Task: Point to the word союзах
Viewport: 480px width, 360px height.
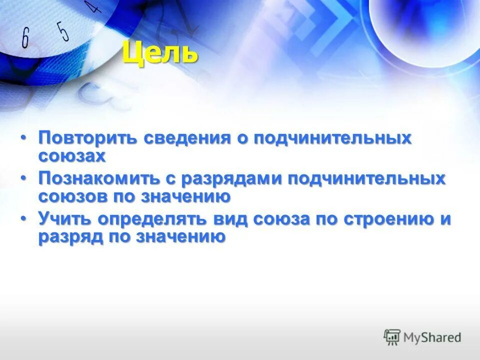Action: click(x=72, y=155)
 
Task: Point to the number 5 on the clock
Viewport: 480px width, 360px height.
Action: click(x=63, y=31)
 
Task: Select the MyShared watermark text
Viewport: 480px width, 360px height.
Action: click(x=433, y=337)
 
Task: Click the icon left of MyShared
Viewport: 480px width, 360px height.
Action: click(x=392, y=337)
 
